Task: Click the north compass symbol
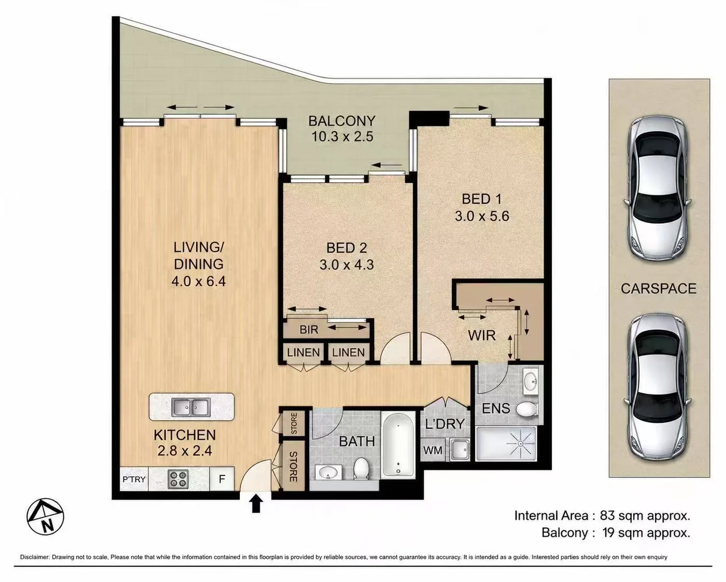[45, 517]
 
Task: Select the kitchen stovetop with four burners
[178, 479]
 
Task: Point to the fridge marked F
[222, 479]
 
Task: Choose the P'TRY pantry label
[134, 479]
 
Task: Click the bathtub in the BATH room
[398, 445]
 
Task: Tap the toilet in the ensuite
[527, 409]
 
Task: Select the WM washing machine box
[433, 450]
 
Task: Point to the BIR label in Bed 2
[309, 329]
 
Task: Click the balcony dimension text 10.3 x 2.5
[342, 137]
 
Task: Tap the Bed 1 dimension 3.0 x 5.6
[482, 216]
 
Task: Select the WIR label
[482, 335]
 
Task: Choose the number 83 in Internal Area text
[607, 516]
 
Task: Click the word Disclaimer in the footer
[34, 557]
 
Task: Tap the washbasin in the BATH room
[328, 472]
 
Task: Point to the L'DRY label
[445, 424]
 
